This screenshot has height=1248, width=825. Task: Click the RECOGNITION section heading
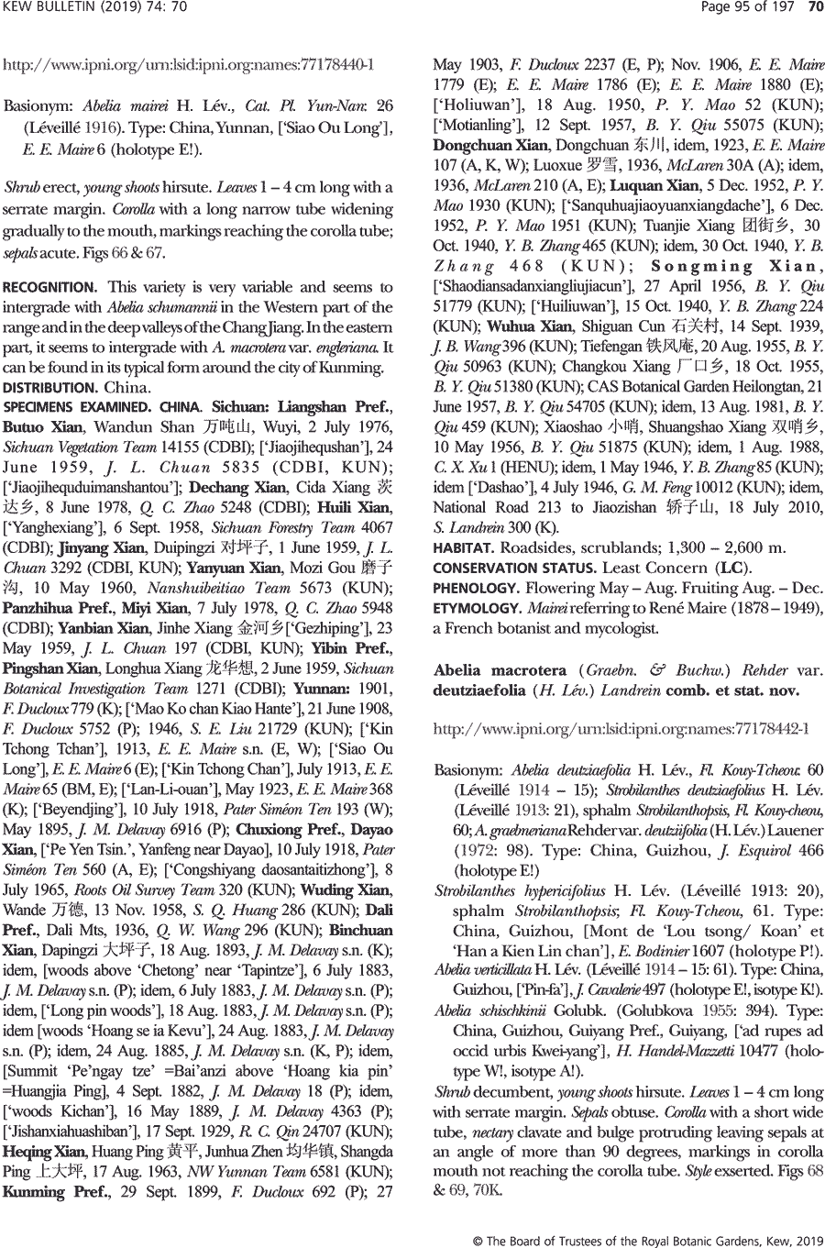point(50,288)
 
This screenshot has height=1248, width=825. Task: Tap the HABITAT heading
point(463,548)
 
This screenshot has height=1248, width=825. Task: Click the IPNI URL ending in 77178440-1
point(189,66)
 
